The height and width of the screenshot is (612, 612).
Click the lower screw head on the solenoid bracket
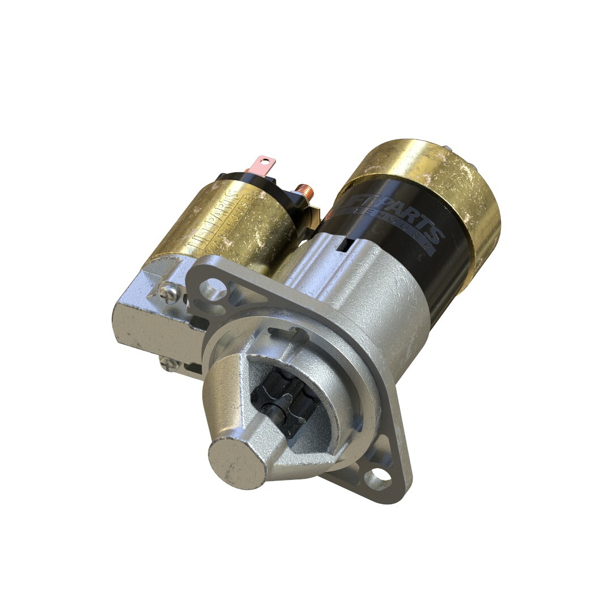[x=166, y=363]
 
